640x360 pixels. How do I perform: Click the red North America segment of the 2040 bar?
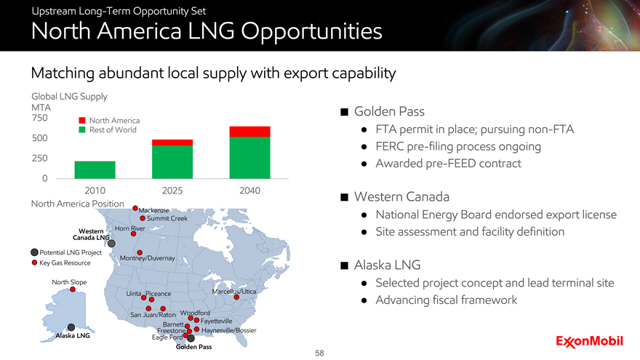(x=249, y=132)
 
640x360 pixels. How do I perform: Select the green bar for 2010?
(x=95, y=169)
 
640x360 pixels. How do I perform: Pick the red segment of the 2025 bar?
(x=172, y=143)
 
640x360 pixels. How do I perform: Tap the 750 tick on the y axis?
(x=39, y=118)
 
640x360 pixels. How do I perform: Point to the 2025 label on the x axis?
(x=172, y=191)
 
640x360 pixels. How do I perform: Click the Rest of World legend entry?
(x=108, y=129)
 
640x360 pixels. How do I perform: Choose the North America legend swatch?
(x=82, y=121)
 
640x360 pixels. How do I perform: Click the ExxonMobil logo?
(x=589, y=341)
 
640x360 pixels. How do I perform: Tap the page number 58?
(x=319, y=353)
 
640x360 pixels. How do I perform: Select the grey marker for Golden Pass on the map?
(x=191, y=338)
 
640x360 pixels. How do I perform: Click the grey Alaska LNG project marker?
(x=71, y=327)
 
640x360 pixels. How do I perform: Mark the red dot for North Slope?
(x=73, y=289)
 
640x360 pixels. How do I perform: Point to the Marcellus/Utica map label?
(x=234, y=292)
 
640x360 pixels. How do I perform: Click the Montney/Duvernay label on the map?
(x=148, y=258)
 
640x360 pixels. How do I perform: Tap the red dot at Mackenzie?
(x=135, y=208)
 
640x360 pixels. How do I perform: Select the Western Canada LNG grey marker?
(x=111, y=243)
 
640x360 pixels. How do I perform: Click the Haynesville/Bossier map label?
(x=229, y=330)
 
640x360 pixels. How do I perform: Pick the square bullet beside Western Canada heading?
(x=345, y=198)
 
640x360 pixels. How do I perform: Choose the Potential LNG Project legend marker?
(x=35, y=252)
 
